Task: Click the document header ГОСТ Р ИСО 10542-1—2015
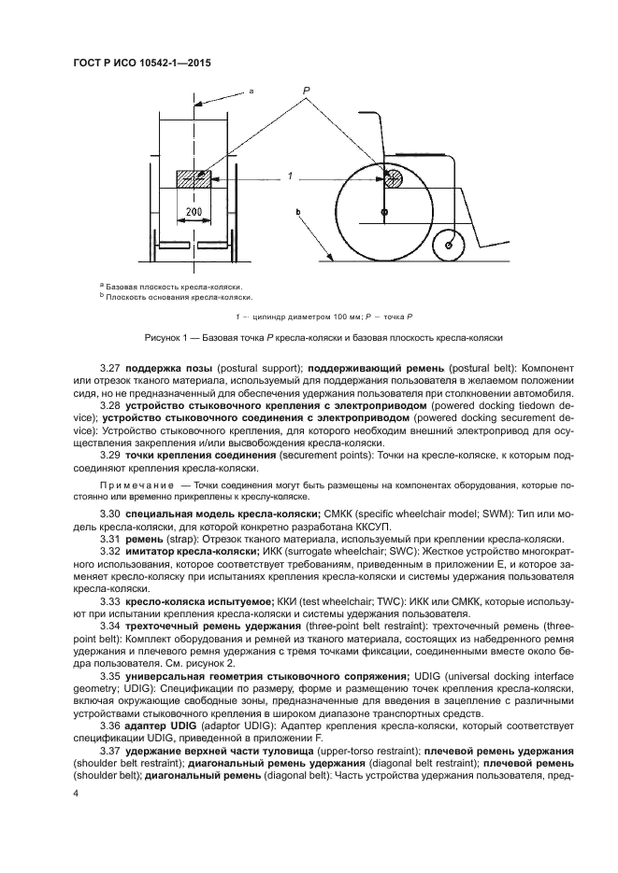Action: pyautogui.click(x=140, y=62)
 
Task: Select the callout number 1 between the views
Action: pyautogui.click(x=291, y=176)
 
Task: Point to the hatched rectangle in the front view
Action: pyautogui.click(x=194, y=177)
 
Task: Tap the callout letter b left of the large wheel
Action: pyautogui.click(x=296, y=214)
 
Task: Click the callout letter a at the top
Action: pyautogui.click(x=251, y=92)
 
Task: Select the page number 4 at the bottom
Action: pyautogui.click(x=74, y=793)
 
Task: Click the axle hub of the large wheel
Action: pyautogui.click(x=384, y=214)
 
